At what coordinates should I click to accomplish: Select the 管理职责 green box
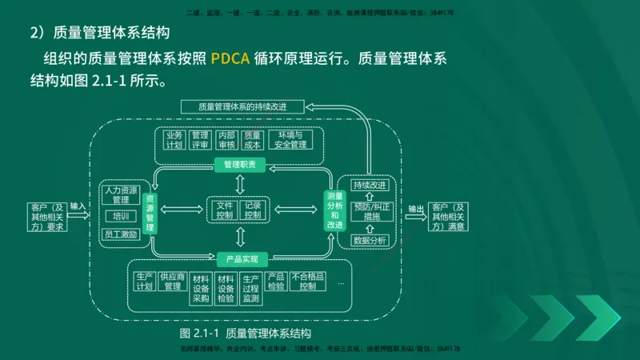[240, 164]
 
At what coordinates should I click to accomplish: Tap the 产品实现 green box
[239, 258]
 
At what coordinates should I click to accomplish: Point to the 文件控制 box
[225, 210]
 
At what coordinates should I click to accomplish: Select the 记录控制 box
[254, 210]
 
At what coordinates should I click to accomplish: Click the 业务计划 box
[174, 140]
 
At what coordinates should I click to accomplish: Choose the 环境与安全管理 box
[290, 140]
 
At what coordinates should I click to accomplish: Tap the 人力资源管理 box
[121, 195]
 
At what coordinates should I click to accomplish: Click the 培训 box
[121, 216]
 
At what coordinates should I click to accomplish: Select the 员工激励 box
[121, 234]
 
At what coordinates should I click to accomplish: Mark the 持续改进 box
[369, 185]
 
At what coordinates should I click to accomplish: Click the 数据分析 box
[370, 239]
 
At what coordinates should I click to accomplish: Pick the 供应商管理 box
[172, 282]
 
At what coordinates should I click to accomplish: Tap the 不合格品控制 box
[307, 281]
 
